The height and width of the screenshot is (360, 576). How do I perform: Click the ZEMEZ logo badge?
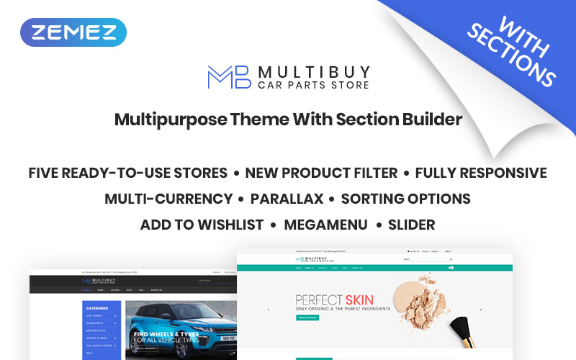[73, 32]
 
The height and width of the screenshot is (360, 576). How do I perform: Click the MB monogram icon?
[228, 77]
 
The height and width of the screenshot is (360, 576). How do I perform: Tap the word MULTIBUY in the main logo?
[314, 71]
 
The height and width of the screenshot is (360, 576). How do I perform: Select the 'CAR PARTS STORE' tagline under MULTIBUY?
[313, 85]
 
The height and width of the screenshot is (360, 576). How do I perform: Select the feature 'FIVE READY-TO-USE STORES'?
[128, 173]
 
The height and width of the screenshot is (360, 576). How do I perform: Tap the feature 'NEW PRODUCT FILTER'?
[321, 173]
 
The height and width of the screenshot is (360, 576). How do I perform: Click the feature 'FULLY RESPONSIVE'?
[481, 173]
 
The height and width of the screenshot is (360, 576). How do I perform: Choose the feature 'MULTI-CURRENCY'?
[168, 199]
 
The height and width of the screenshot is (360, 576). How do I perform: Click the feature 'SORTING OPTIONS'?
[405, 199]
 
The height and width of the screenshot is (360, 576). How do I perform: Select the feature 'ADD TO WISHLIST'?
[202, 225]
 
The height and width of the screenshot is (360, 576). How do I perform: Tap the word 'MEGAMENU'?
[325, 225]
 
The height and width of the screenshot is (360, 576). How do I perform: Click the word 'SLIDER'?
[411, 225]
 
